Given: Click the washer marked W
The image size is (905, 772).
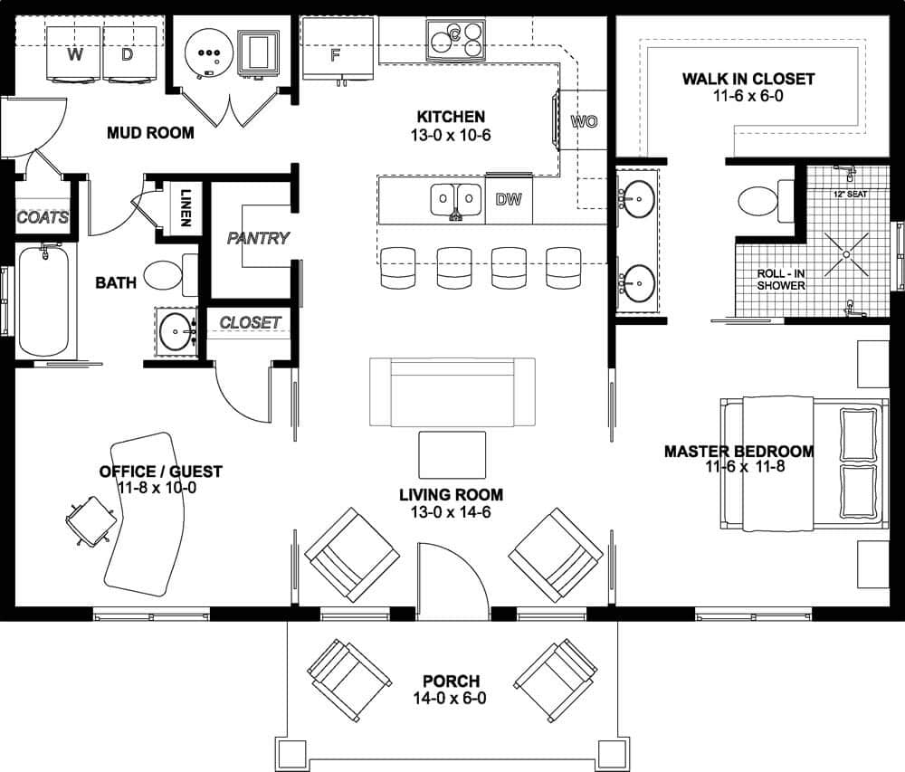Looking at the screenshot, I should pyautogui.click(x=75, y=53).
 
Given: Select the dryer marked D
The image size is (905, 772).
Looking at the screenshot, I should pyautogui.click(x=128, y=53).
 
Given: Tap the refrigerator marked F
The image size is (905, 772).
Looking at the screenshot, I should pyautogui.click(x=335, y=52).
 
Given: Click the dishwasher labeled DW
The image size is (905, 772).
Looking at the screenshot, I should pyautogui.click(x=509, y=200).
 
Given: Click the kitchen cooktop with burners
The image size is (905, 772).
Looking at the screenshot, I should pyautogui.click(x=456, y=39).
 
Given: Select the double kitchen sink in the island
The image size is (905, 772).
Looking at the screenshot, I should pyautogui.click(x=456, y=198).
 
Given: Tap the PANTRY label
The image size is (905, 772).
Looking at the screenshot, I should pyautogui.click(x=258, y=239).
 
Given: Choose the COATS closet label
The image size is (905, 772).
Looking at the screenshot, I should pyautogui.click(x=43, y=218).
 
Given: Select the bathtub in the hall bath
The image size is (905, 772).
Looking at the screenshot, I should pyautogui.click(x=43, y=300).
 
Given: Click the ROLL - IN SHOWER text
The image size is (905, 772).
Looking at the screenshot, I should pyautogui.click(x=781, y=279).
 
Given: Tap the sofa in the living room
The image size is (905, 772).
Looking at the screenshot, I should pyautogui.click(x=452, y=391).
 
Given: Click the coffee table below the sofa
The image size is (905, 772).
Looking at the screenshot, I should pyautogui.click(x=452, y=453).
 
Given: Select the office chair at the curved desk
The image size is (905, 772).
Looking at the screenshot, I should pyautogui.click(x=88, y=521).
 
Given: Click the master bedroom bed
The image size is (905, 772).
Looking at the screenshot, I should pyautogui.click(x=801, y=463).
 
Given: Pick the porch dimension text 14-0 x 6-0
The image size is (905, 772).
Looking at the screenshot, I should pyautogui.click(x=450, y=699).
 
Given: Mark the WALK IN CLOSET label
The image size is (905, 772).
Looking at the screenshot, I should pyautogui.click(x=748, y=80).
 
